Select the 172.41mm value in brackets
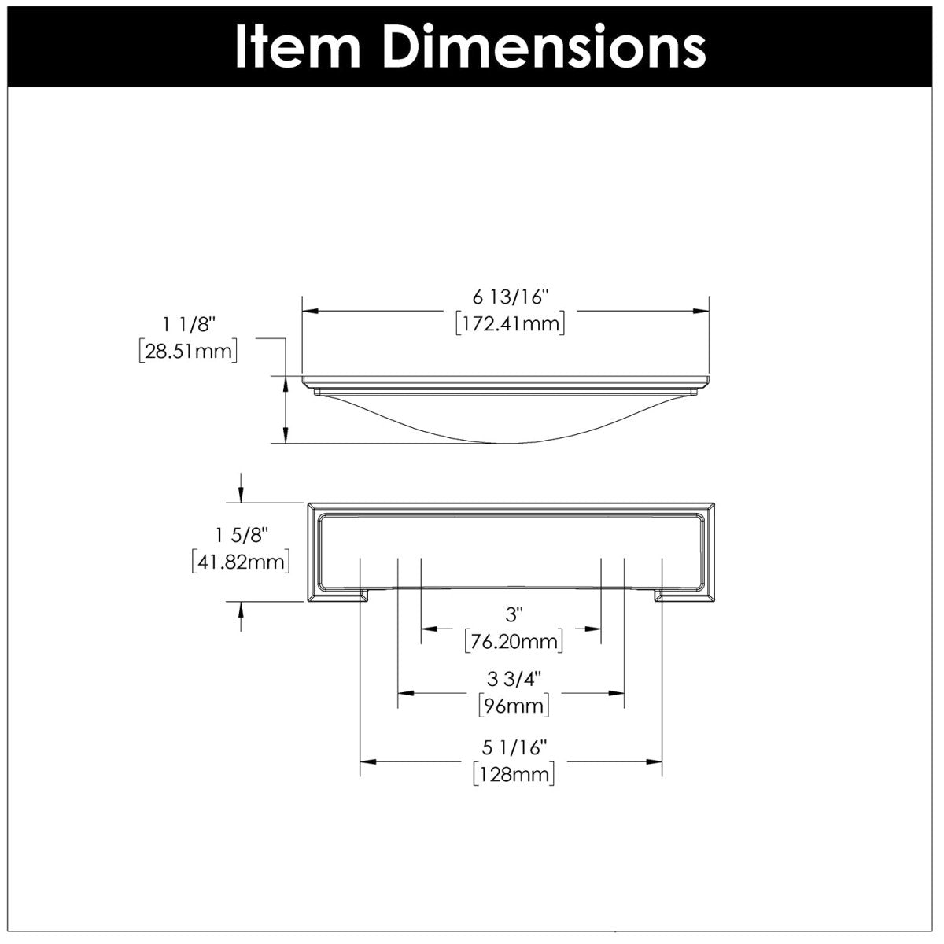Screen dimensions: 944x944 [x=510, y=323]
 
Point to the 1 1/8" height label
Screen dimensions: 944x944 [x=188, y=323]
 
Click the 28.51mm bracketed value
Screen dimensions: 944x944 [x=188, y=350]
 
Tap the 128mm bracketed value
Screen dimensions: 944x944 [x=513, y=774]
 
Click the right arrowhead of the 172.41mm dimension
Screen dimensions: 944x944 [x=703, y=312]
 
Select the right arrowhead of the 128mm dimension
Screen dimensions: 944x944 [x=654, y=761]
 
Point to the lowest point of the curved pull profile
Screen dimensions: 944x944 [x=503, y=442]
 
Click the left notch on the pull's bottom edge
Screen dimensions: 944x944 [x=365, y=595]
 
